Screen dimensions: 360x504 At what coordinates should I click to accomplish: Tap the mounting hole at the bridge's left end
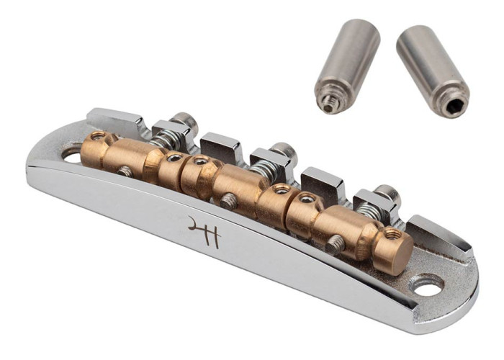coord(72,152)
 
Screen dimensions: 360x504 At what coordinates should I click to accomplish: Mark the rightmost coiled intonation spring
coord(371,209)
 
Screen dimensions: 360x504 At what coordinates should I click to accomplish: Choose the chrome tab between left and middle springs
coord(220,147)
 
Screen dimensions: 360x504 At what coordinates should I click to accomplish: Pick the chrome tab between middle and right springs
coord(322,184)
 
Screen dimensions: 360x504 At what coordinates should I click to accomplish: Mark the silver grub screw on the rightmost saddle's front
coord(336,245)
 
